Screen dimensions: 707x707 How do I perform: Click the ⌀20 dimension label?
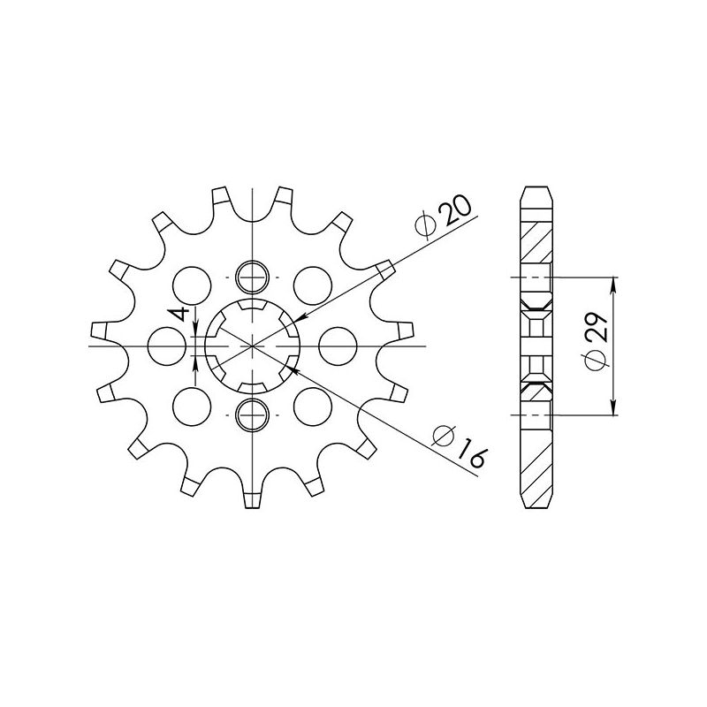444,217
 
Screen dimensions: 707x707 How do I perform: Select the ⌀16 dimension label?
459,445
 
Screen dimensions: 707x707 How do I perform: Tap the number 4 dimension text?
180,315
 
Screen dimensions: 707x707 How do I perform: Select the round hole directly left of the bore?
165,345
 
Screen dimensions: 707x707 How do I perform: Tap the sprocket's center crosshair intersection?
252,345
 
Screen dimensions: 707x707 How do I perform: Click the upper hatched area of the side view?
537,239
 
